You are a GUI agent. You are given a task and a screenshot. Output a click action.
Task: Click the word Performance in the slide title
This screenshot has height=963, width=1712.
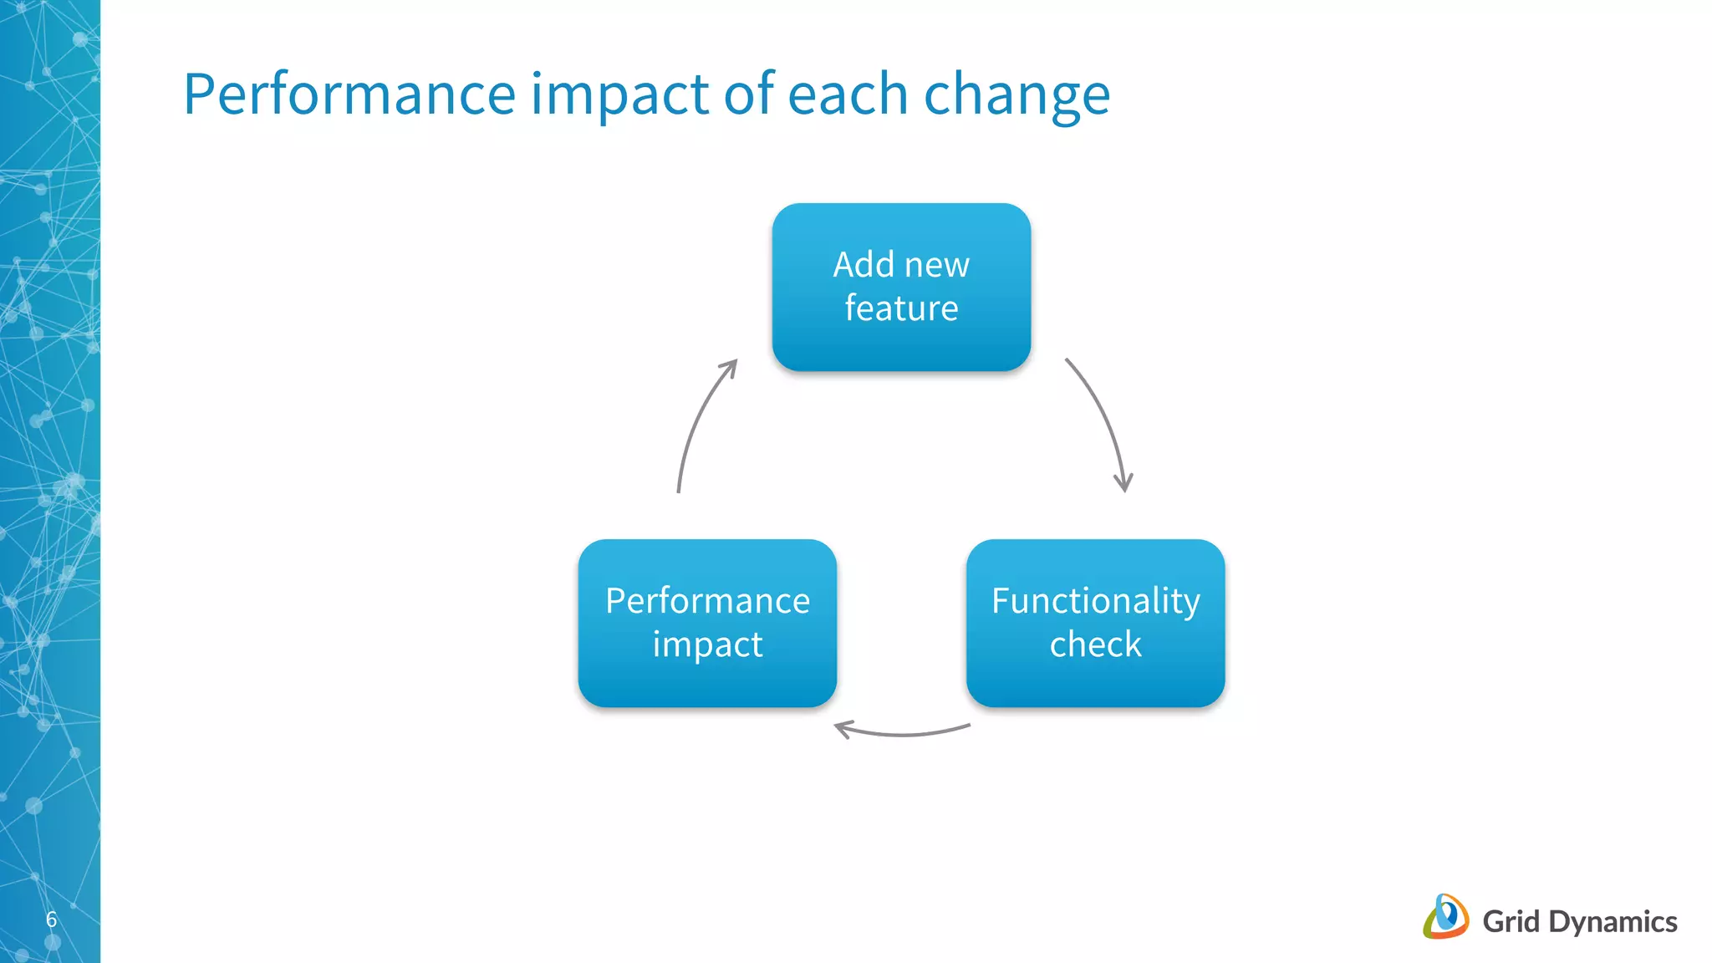tap(349, 94)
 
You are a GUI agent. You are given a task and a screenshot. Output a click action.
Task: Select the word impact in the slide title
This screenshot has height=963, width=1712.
tap(619, 94)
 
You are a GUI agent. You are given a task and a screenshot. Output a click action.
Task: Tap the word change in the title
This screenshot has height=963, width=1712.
tap(1016, 94)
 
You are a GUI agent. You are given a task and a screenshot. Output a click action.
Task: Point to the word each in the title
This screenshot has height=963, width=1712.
tap(847, 94)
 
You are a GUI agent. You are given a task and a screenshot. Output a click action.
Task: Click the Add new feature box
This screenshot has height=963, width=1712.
tap(901, 287)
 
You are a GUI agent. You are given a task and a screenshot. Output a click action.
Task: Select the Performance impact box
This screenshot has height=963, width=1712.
tap(707, 623)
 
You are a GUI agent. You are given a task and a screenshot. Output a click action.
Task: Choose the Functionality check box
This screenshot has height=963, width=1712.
tap(1095, 623)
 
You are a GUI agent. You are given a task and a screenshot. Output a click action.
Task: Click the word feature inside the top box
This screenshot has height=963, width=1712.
tap(901, 308)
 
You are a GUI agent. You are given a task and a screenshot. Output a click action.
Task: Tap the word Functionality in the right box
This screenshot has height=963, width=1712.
tap(1095, 601)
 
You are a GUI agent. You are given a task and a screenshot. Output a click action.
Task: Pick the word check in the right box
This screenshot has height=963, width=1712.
tap(1095, 645)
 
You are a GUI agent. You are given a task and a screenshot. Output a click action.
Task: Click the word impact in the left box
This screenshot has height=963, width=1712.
tap(707, 645)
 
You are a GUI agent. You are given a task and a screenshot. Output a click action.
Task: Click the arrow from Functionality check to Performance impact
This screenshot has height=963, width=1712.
tap(903, 733)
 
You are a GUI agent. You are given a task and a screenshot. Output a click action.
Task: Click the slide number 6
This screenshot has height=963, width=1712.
tap(51, 920)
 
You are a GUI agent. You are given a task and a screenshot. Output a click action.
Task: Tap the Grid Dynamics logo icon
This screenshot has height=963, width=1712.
tap(1446, 917)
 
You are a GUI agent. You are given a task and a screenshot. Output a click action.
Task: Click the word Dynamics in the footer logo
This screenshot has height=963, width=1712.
tap(1613, 922)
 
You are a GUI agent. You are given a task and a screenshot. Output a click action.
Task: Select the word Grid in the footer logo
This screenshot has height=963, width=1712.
tap(1511, 922)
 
